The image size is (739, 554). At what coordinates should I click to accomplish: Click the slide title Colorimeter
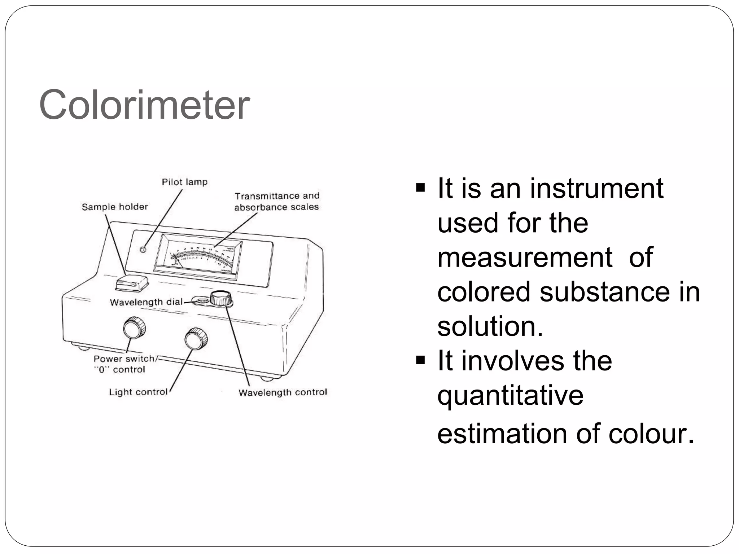tap(144, 105)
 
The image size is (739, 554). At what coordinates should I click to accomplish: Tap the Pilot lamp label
tap(184, 182)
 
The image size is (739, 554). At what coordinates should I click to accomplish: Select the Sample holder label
tap(115, 207)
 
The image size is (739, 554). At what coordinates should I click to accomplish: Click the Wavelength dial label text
tap(146, 302)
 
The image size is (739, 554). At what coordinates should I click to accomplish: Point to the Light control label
tap(138, 392)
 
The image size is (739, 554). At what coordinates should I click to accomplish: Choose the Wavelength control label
tap(283, 392)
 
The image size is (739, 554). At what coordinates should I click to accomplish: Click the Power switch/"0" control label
tap(124, 364)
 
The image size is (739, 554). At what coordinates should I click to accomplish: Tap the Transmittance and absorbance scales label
tap(277, 202)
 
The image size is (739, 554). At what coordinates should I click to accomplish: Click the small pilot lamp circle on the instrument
tap(143, 250)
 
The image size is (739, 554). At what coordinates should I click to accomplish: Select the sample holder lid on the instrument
tap(132, 282)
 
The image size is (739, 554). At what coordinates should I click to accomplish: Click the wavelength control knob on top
tap(220, 298)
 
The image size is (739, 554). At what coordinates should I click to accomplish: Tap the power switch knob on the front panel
tap(134, 328)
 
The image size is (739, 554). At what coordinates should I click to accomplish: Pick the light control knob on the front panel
tap(196, 339)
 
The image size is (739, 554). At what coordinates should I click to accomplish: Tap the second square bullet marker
tap(420, 360)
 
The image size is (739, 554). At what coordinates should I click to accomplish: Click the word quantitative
tap(510, 395)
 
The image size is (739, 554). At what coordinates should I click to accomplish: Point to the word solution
tap(490, 326)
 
